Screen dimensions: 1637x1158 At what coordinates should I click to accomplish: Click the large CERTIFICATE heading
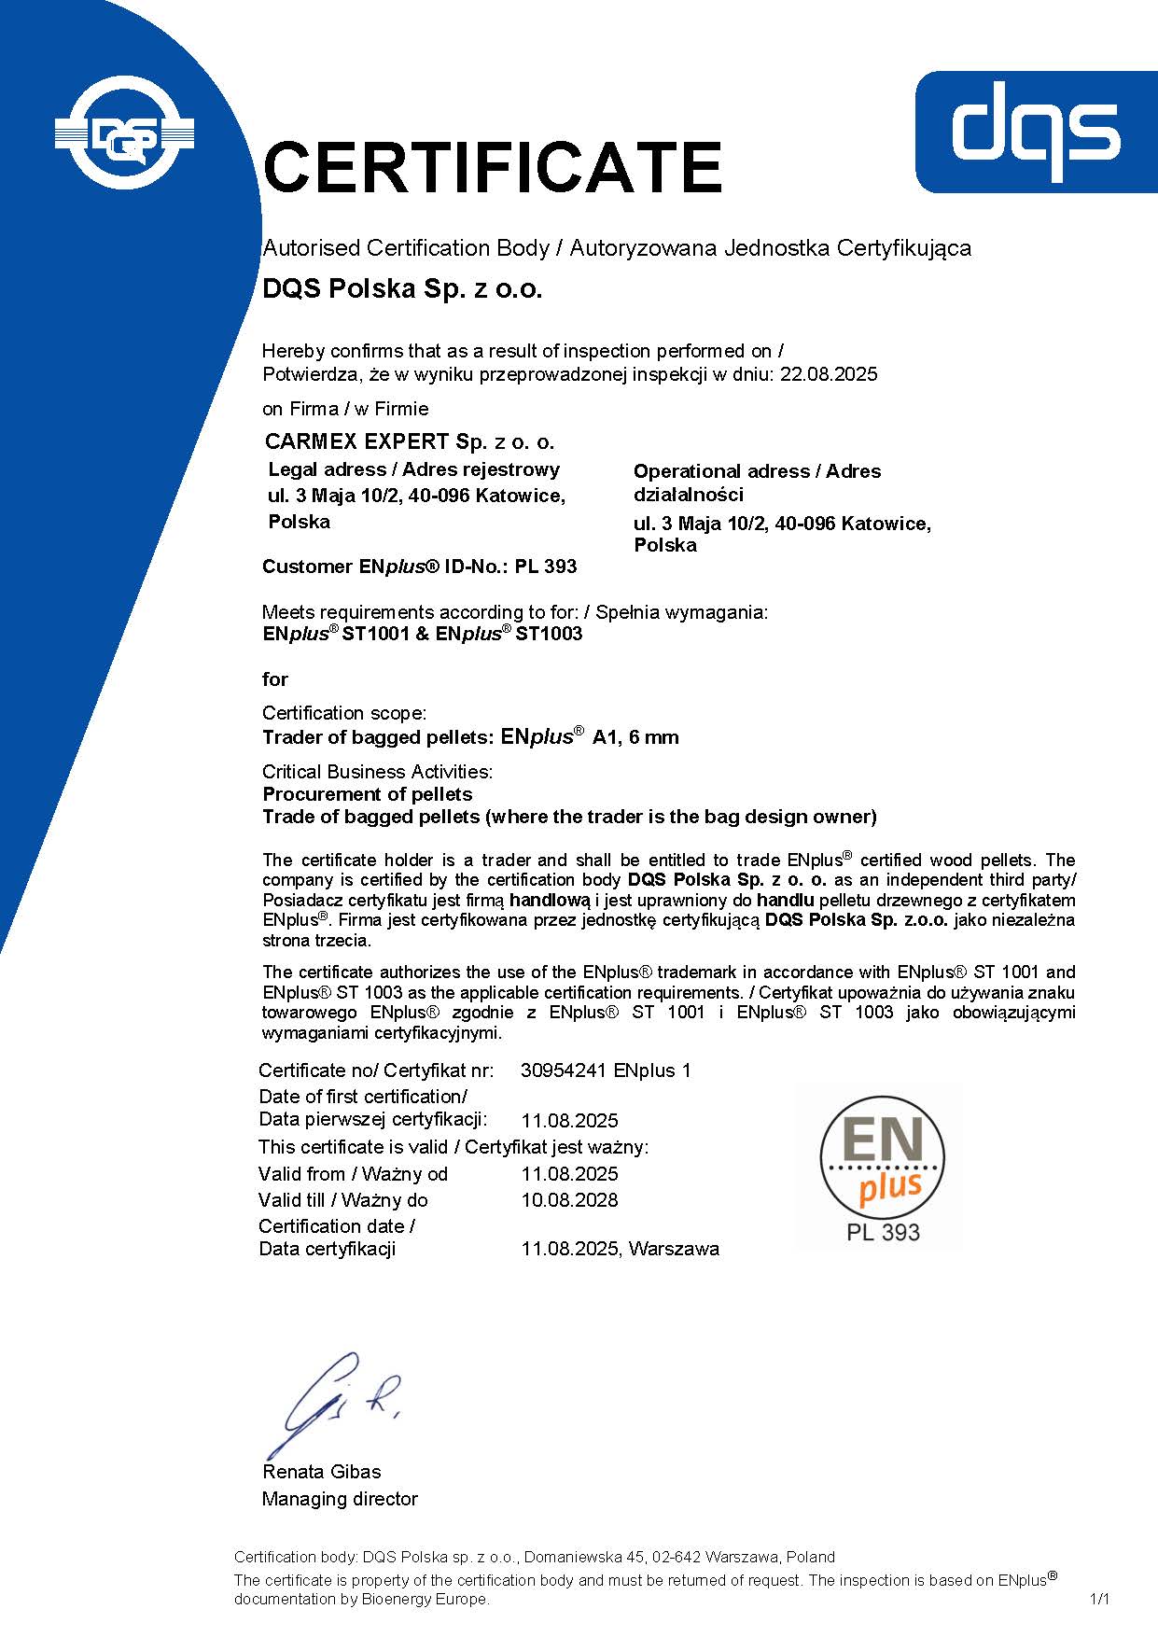492,167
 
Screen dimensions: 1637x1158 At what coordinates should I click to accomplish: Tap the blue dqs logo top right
1036,132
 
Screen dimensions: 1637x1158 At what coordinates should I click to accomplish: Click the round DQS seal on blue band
124,133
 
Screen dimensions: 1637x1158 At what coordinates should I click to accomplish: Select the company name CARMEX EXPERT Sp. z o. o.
409,441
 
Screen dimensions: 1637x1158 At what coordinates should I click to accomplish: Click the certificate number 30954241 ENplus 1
606,1070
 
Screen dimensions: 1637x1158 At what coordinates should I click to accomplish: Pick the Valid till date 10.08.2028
569,1200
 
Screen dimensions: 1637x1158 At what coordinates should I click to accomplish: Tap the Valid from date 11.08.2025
569,1174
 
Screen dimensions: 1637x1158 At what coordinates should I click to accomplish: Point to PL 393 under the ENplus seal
883,1233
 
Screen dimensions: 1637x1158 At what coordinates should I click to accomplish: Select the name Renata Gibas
321,1472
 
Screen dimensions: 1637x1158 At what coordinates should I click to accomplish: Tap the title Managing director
340,1499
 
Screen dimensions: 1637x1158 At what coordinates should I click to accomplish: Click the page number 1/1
1100,1599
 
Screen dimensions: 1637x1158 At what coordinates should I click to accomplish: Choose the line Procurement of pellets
367,794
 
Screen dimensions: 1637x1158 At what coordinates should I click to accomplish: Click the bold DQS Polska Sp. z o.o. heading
402,289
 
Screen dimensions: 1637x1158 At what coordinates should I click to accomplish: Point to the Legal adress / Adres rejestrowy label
413,469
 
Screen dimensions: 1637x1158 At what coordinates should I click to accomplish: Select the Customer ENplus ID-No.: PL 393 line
419,567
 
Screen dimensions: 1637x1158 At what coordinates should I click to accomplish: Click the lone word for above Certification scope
275,679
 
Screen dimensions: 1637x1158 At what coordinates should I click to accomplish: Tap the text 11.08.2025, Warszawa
620,1249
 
